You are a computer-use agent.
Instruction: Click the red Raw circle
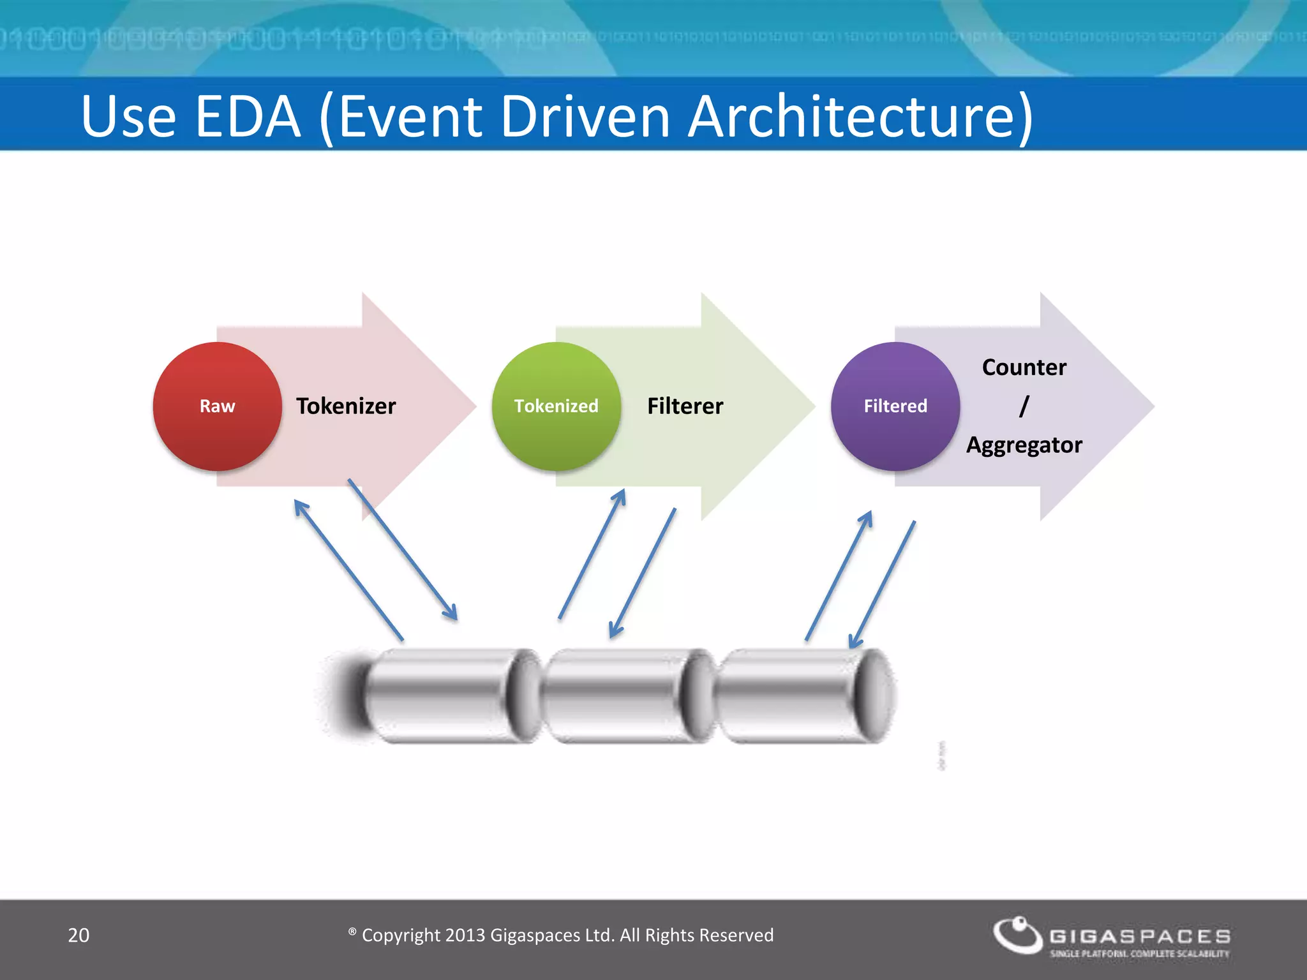tap(217, 406)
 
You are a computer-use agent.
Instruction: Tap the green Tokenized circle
tap(556, 406)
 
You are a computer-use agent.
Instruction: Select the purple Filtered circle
tap(895, 406)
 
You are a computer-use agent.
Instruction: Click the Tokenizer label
tap(346, 406)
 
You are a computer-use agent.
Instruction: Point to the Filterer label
tap(685, 406)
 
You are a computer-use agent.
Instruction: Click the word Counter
tap(1024, 367)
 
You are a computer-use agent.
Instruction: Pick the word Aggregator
tap(1024, 445)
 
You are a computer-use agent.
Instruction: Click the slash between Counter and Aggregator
tap(1024, 406)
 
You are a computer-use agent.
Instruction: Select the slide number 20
tap(78, 935)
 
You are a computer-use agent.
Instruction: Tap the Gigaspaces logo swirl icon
tap(1017, 935)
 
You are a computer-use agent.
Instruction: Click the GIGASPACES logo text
tap(1140, 936)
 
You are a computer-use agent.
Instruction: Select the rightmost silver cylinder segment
tap(791, 695)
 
